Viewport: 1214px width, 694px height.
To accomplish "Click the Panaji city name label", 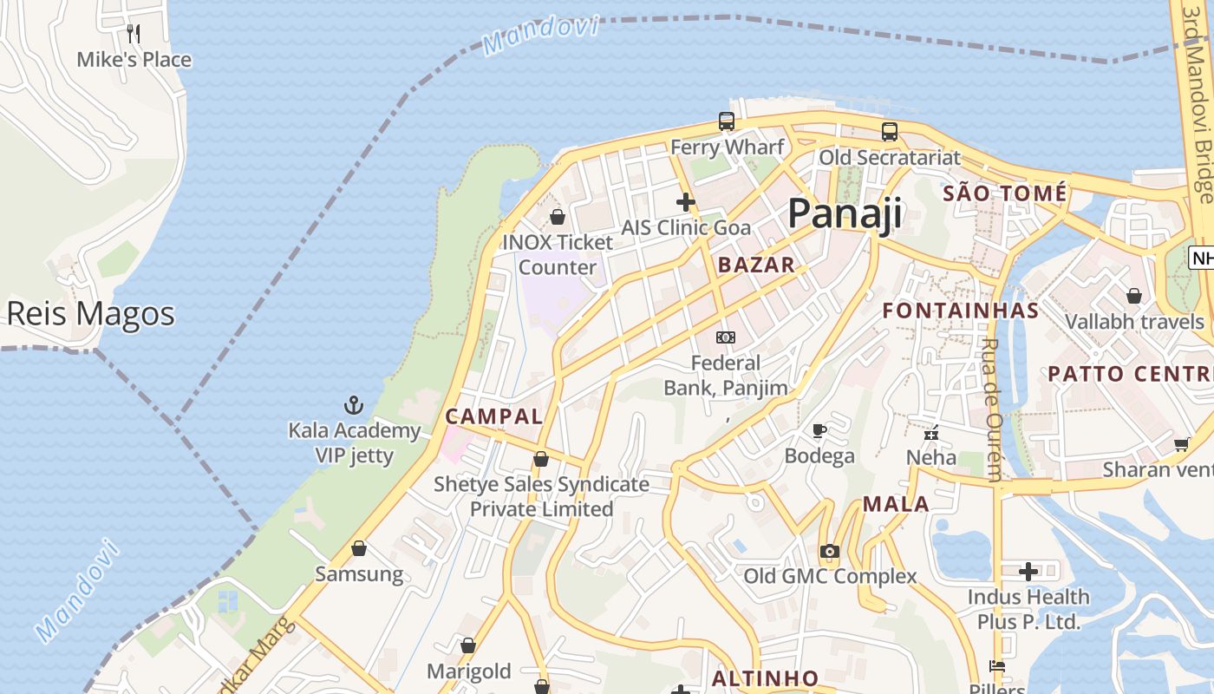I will point(845,213).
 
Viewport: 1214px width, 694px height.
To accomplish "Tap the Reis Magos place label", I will point(90,313).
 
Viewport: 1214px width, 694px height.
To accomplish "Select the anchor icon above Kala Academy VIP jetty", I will point(354,404).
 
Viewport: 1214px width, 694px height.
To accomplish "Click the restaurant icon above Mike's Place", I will point(134,34).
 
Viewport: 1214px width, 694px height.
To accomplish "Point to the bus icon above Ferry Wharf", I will point(727,121).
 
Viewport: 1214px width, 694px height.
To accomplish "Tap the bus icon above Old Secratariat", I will point(890,132).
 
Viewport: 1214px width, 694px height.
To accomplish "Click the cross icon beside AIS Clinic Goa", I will point(686,202).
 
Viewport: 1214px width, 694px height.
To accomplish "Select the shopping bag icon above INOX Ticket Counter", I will point(558,216).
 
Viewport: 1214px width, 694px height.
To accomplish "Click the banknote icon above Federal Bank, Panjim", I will point(726,337).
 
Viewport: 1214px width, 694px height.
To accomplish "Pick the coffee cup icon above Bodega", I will point(819,430).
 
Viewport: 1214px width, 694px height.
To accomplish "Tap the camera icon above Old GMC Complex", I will point(830,551).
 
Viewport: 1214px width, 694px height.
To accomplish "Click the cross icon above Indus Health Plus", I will point(1028,572).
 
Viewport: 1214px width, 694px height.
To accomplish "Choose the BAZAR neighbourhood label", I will point(756,265).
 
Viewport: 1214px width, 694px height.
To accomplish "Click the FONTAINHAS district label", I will point(961,311).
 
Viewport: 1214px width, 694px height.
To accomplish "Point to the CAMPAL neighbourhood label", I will point(494,416).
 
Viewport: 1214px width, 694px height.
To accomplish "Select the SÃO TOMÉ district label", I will point(1004,193).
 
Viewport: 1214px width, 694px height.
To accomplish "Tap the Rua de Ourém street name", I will point(990,408).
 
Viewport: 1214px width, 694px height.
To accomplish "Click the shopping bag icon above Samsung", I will point(359,548).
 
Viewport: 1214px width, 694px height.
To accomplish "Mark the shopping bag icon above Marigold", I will point(468,645).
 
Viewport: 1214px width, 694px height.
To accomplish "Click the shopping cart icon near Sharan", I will point(1181,444).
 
